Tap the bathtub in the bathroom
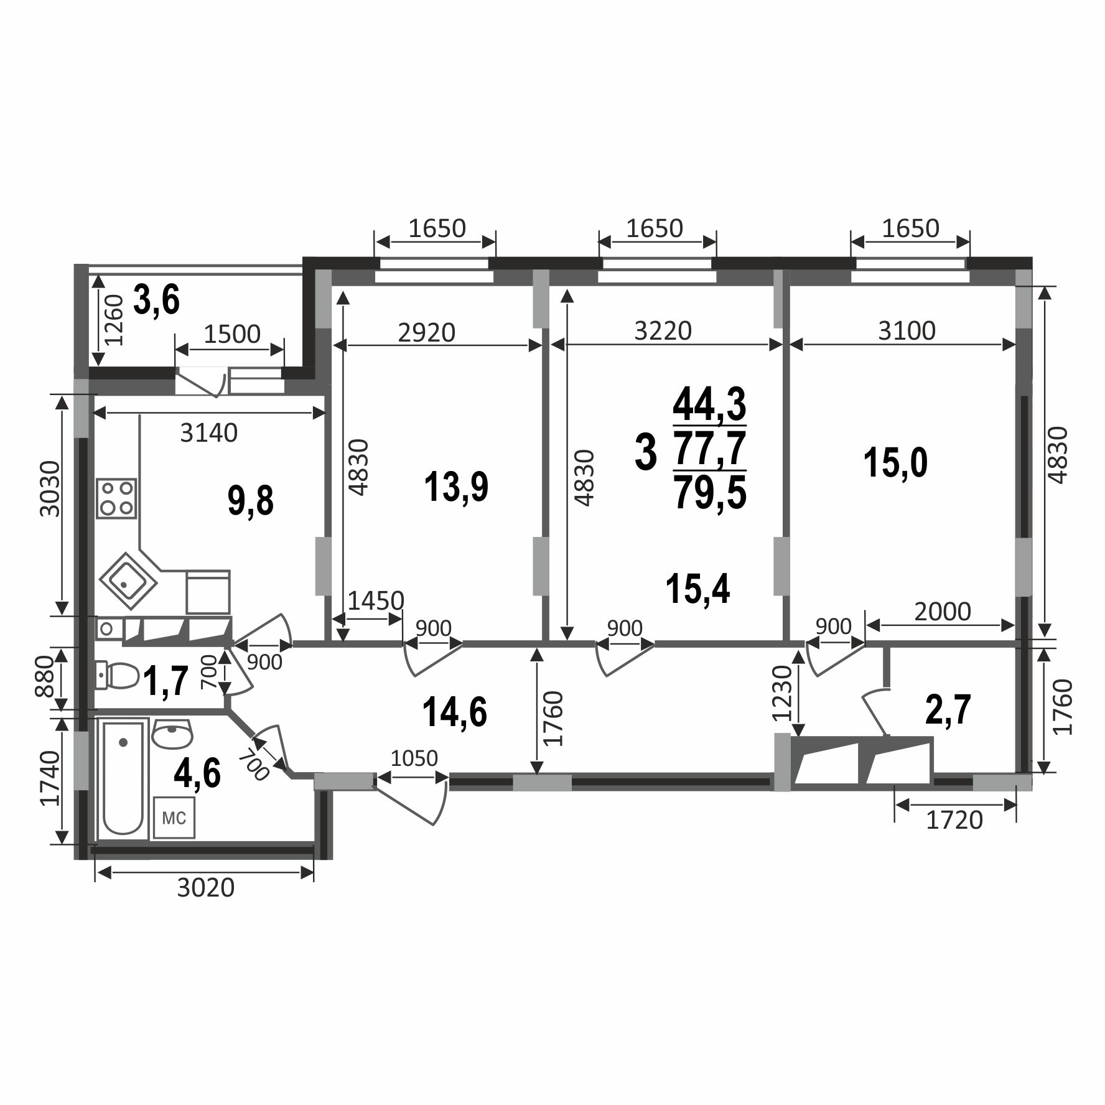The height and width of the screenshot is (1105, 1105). [123, 778]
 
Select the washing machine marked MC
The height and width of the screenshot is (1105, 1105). [174, 818]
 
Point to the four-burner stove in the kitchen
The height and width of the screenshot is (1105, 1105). [116, 498]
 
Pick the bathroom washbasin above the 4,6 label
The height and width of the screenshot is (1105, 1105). [172, 734]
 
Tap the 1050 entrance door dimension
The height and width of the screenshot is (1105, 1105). [414, 758]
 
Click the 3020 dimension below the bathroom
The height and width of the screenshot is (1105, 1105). [206, 887]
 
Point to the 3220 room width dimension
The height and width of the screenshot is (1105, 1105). [663, 330]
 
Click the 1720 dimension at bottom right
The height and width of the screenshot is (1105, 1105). [954, 819]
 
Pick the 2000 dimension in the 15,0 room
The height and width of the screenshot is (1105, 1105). [943, 612]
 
